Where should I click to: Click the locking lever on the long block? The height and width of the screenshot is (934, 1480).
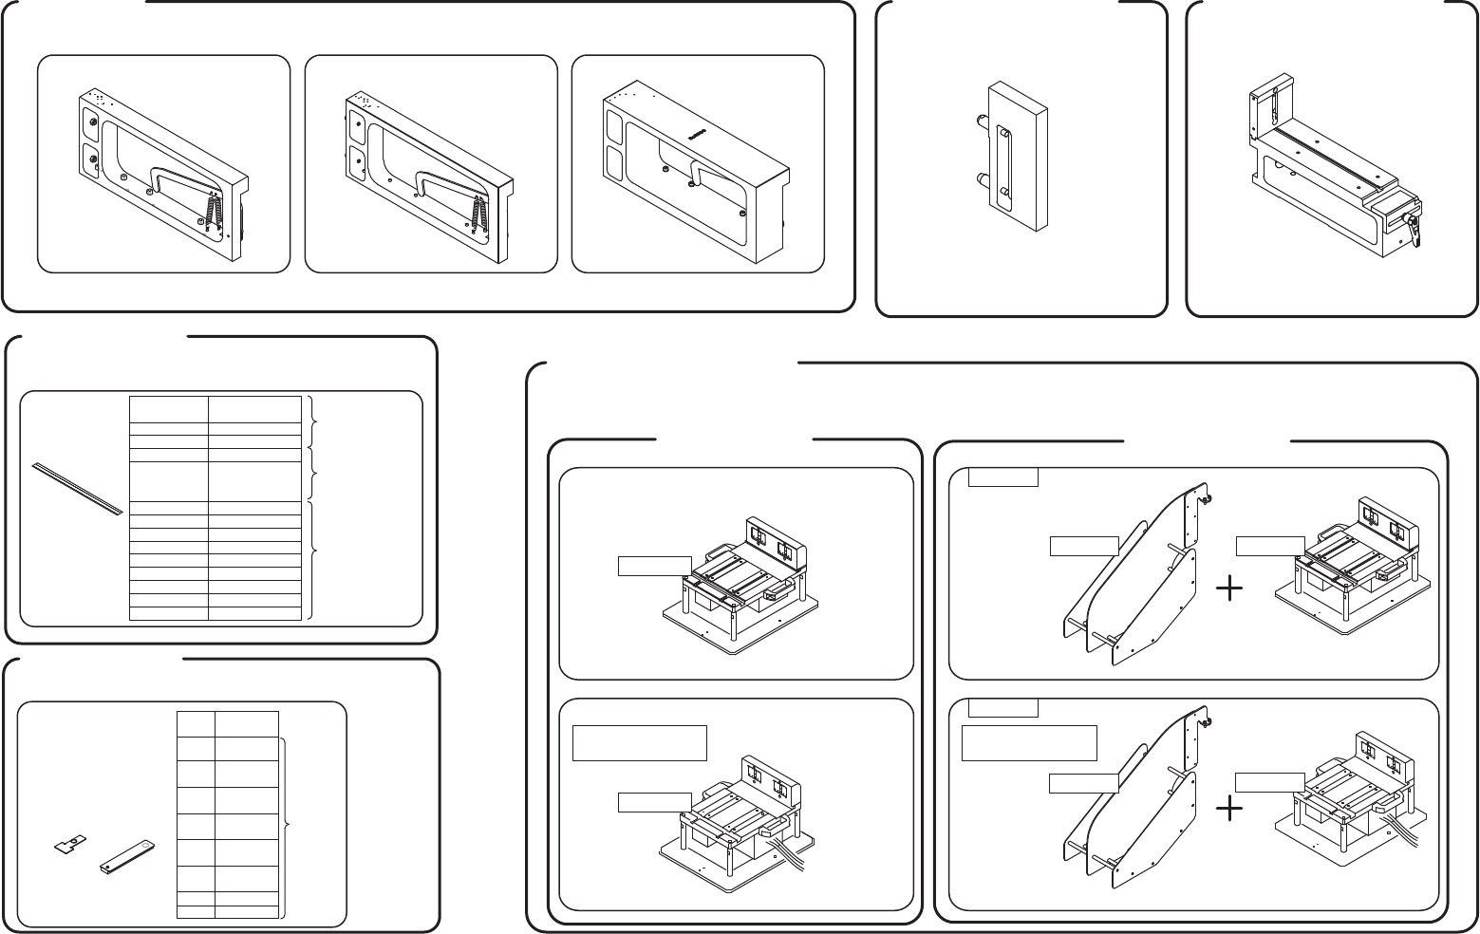click(1414, 229)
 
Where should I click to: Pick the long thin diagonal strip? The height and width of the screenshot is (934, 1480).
click(76, 488)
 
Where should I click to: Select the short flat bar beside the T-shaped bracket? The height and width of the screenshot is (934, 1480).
click(126, 853)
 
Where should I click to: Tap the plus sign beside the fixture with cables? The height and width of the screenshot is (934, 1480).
click(1229, 808)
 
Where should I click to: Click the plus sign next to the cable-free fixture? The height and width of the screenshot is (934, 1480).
click(1229, 589)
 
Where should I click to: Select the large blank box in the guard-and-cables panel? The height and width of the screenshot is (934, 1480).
click(1029, 742)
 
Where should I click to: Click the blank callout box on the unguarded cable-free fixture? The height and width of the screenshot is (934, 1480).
click(655, 566)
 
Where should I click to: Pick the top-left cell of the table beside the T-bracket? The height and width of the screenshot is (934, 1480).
click(196, 722)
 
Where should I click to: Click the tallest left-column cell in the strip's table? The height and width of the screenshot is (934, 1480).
click(169, 481)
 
